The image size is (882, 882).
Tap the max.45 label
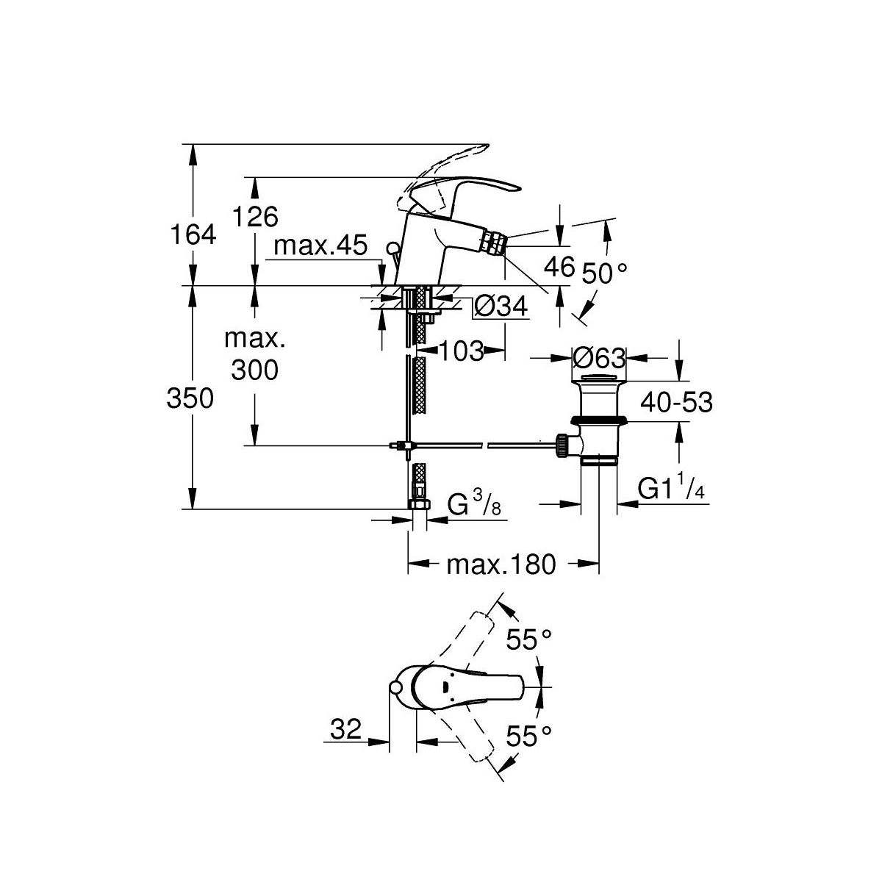click(320, 247)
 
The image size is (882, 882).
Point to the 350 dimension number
click(191, 399)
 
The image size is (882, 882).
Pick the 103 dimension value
click(462, 351)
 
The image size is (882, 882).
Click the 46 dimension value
click(558, 267)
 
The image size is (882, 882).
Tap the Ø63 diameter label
click(598, 359)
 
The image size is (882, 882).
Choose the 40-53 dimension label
click(677, 403)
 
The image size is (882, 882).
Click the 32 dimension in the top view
click(345, 730)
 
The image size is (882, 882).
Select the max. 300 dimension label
click(254, 355)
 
